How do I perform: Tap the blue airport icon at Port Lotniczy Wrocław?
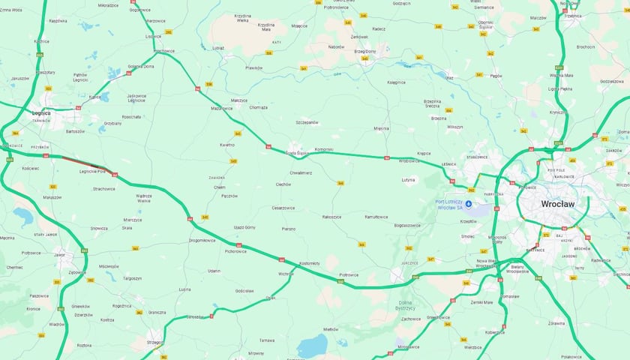click(469, 203)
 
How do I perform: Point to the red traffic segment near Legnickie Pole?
click(79, 161)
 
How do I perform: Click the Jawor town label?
click(59, 255)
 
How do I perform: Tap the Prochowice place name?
click(163, 51)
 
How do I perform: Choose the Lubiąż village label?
click(218, 47)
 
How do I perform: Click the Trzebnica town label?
click(573, 16)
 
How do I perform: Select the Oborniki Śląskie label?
click(485, 24)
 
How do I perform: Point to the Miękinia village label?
click(381, 128)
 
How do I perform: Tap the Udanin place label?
click(214, 271)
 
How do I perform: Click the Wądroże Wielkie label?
click(144, 198)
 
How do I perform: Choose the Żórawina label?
click(576, 323)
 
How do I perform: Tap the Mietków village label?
click(331, 329)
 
